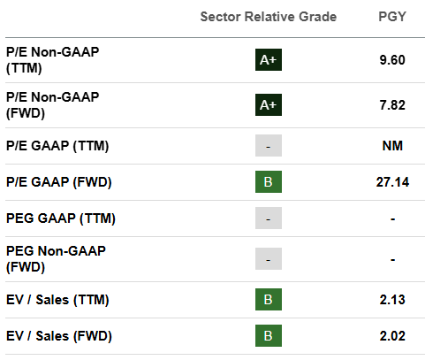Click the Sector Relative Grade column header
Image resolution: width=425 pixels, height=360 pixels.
pos(269,17)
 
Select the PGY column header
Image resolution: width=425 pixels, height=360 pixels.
pos(392,17)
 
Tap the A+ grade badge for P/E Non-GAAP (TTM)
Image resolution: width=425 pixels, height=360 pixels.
pos(269,60)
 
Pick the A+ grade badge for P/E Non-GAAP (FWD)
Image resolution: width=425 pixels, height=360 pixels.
pos(269,105)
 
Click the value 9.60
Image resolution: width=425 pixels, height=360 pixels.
pos(392,60)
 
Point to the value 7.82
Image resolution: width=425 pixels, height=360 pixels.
pos(392,105)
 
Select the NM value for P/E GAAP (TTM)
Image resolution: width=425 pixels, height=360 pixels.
pos(392,146)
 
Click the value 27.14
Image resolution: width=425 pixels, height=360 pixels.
pos(392,182)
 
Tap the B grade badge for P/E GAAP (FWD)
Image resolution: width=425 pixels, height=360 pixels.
pos(269,181)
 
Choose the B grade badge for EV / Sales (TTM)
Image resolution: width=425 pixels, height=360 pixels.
pos(269,299)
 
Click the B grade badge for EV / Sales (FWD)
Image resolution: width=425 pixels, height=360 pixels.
pos(269,335)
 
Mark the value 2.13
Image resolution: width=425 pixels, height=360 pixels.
pos(392,300)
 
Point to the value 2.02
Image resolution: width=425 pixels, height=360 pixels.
pos(392,336)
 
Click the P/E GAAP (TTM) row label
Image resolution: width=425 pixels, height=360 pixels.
pos(57,146)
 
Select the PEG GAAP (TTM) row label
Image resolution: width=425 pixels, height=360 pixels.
pos(61,218)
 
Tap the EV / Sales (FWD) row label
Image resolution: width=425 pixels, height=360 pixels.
pos(59,336)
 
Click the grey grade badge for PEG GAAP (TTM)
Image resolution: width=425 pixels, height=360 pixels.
pos(269,218)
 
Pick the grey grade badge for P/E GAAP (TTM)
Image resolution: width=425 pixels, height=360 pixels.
pos(269,145)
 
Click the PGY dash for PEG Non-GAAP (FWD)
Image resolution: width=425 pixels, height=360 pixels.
pos(392,260)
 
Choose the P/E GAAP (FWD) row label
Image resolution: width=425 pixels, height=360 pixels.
pos(59,182)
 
